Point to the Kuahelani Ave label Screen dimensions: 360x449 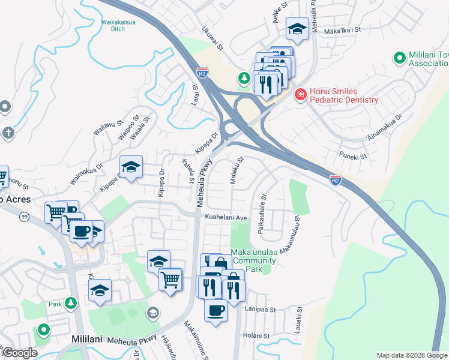(226, 217)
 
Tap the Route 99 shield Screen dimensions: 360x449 (23, 217)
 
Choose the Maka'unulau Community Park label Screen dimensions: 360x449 (253, 260)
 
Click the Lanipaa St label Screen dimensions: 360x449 (260, 310)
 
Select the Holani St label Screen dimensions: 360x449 (261, 335)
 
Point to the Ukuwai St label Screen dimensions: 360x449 (212, 38)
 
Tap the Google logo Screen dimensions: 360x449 (20, 353)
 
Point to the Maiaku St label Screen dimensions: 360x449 (235, 170)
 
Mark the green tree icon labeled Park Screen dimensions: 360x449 (71, 304)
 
